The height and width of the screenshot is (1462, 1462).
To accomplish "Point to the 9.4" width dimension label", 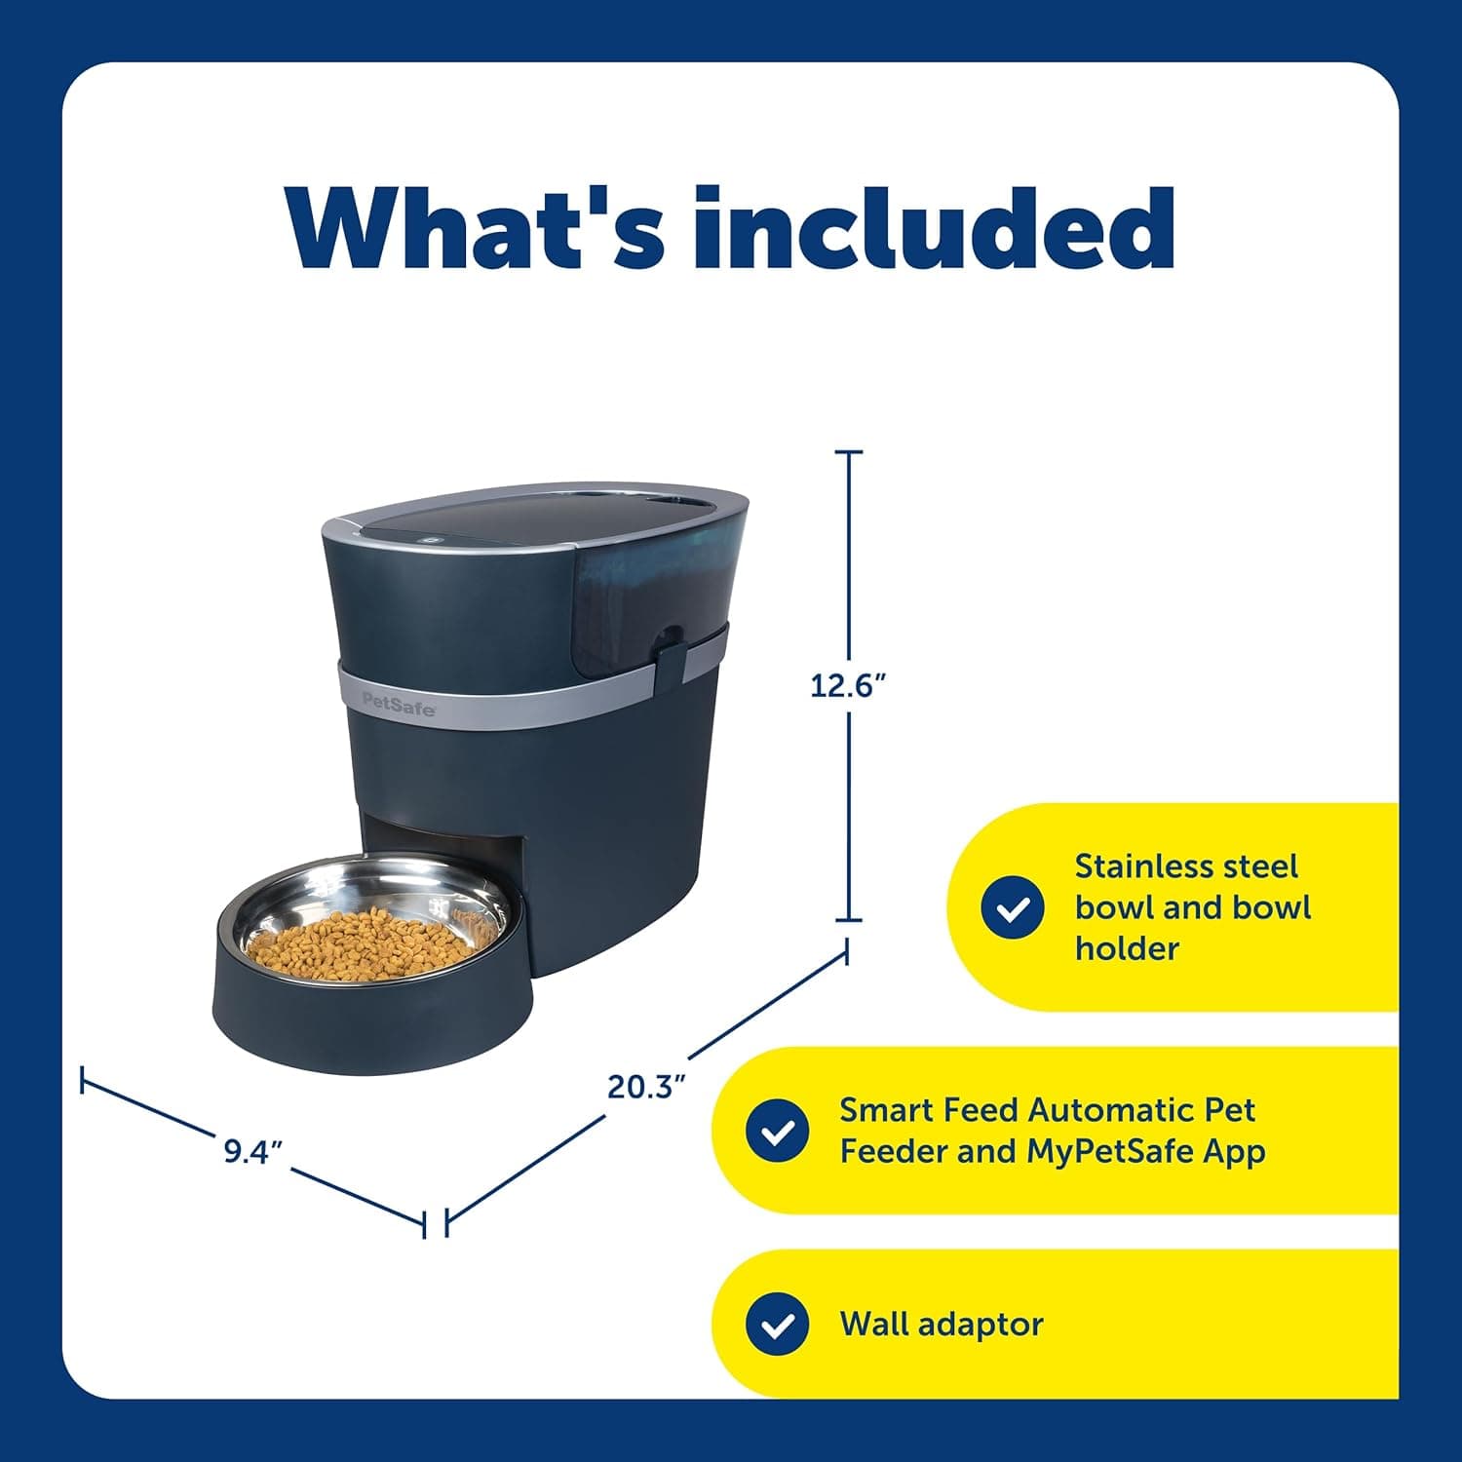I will pos(252,1151).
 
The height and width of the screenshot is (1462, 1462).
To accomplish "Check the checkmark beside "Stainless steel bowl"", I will pos(1013,907).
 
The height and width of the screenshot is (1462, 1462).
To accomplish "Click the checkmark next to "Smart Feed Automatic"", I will pos(777,1131).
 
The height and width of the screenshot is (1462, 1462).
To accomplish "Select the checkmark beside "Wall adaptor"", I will pos(777,1325).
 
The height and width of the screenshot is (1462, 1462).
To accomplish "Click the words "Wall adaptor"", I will pos(941,1325).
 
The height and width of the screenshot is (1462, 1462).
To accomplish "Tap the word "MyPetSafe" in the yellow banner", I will pos(1109,1151).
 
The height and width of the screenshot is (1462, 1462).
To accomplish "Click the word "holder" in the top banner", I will pos(1127,948).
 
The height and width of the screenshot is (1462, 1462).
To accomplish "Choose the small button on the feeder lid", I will pos(425,535).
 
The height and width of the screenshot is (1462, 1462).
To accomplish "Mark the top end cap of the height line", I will pos(848,452).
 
